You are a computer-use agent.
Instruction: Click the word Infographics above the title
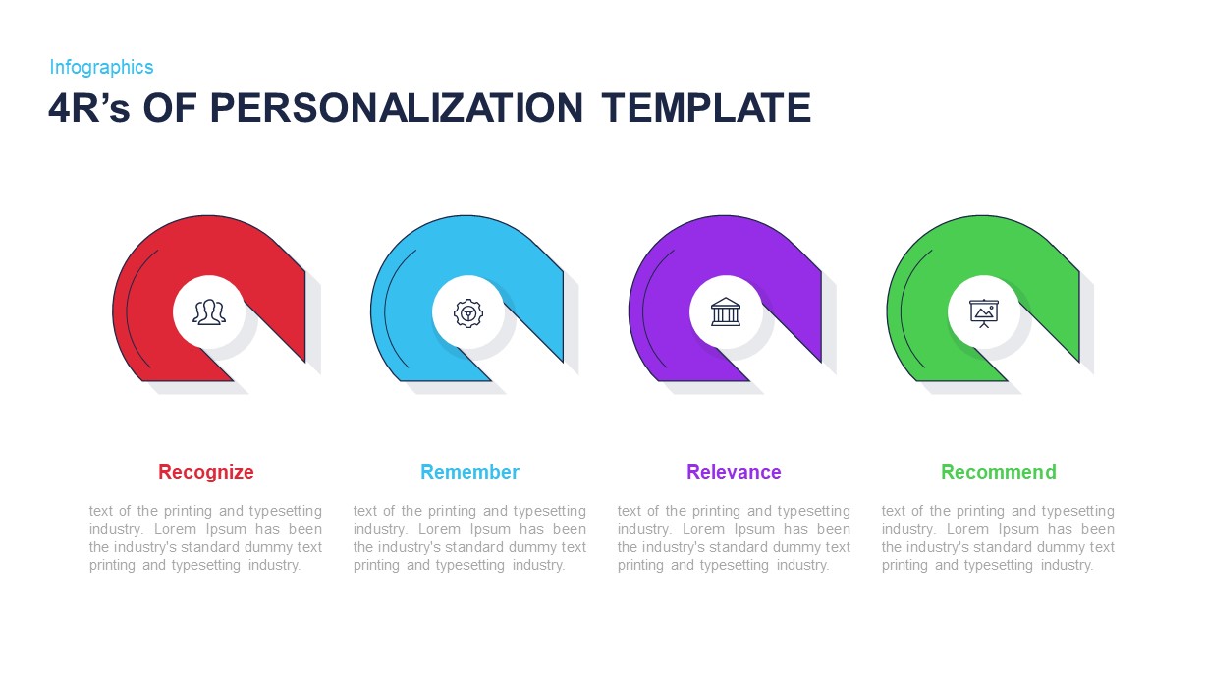101,67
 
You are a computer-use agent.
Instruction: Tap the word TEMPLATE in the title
706,108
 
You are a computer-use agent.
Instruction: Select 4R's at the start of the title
89,108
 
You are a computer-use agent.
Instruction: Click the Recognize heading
206,472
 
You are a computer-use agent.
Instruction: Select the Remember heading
469,472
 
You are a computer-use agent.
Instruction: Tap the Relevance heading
734,472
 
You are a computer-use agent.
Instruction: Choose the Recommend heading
998,472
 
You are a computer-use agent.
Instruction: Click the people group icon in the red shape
209,312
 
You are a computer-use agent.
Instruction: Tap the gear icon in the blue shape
467,312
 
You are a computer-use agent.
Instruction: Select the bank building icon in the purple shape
726,311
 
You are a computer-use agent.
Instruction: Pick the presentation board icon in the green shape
983,312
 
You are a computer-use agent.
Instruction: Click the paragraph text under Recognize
205,537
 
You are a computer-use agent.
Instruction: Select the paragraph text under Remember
469,537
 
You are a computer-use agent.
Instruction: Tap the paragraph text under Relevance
734,537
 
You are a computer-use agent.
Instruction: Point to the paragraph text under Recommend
998,537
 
